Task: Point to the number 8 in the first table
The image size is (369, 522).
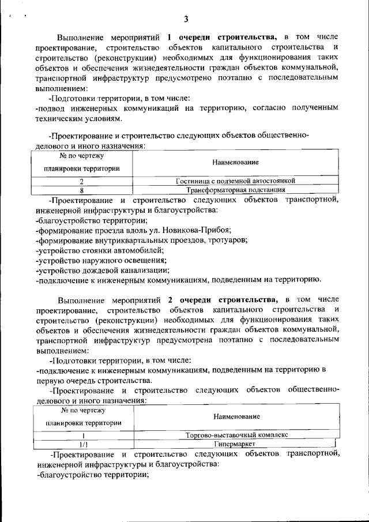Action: (x=82, y=189)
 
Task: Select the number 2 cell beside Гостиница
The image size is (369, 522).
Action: (x=82, y=181)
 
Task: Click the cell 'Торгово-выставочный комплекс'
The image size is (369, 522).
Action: (x=237, y=434)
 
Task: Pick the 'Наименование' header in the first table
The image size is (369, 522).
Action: (x=235, y=163)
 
